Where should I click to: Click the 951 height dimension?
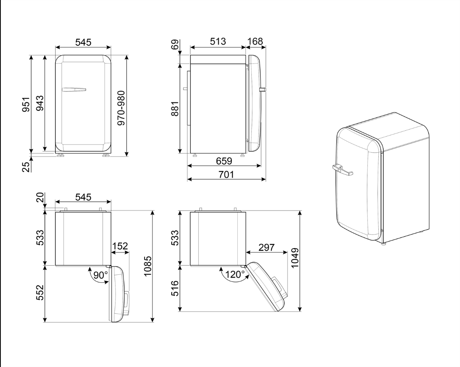point(26,105)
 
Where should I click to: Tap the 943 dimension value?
point(39,103)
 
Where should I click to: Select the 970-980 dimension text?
point(121,108)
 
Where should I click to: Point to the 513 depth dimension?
point(218,42)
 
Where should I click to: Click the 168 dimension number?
point(255,42)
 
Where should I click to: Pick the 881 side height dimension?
point(175,108)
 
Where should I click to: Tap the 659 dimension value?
point(224,161)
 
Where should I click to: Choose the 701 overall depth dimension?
point(226,174)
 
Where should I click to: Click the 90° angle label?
point(101,275)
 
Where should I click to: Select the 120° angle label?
point(235,274)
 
